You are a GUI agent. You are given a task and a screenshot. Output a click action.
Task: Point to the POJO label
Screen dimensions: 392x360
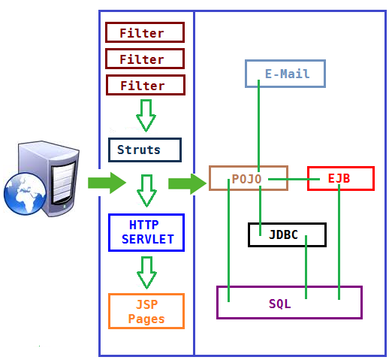[x=246, y=179]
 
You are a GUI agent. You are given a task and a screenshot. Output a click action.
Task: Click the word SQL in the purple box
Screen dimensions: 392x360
[x=280, y=304]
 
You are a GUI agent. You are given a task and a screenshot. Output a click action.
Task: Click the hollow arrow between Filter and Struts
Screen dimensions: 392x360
[x=146, y=116]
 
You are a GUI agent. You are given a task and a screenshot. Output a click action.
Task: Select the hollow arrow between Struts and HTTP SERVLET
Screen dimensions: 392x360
[x=146, y=191]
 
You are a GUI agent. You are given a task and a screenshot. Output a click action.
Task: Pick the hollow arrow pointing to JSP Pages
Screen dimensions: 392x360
[x=146, y=273]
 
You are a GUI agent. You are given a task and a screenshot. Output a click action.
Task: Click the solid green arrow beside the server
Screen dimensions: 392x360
[x=107, y=183]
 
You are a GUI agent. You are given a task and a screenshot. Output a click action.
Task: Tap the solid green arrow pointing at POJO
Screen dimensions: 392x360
[x=187, y=184]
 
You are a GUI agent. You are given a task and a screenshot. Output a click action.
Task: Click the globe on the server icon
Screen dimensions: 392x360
[x=25, y=194]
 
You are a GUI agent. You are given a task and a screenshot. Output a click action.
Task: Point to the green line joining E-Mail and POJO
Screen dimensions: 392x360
[x=258, y=126]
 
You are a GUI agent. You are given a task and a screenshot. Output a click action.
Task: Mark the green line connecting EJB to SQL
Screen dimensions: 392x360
[x=339, y=242]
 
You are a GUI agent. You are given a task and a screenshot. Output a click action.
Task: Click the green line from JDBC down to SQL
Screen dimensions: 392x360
[x=306, y=267]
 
